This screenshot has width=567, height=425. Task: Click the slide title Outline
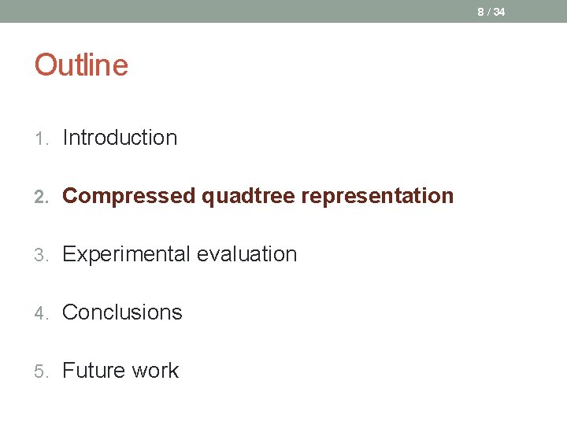[81, 65]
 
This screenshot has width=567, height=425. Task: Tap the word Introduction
[120, 138]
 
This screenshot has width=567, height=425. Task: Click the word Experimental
[126, 254]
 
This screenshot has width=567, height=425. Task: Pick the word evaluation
[246, 254]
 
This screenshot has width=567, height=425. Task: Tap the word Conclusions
[122, 312]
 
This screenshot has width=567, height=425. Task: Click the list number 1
[40, 139]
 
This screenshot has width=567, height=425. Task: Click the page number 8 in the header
[480, 12]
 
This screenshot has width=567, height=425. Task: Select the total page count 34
[499, 12]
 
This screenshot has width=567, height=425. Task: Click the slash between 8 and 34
[488, 12]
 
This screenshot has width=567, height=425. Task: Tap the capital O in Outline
[45, 65]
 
